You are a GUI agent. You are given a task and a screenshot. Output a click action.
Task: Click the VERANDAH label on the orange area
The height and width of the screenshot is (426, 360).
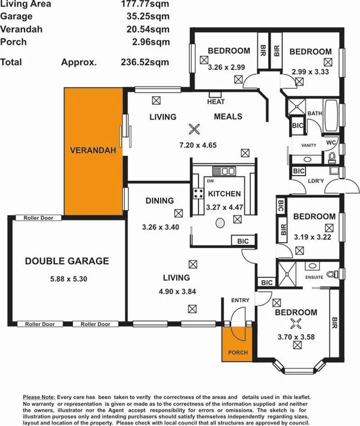click(93, 151)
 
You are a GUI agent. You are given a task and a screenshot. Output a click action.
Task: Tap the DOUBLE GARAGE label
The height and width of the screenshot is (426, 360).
click(67, 261)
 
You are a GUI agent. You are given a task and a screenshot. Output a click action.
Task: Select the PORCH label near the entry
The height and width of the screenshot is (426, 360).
click(237, 352)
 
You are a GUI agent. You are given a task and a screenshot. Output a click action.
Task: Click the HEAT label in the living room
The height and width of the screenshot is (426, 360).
click(216, 102)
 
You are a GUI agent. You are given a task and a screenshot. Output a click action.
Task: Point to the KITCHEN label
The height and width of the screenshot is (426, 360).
click(224, 194)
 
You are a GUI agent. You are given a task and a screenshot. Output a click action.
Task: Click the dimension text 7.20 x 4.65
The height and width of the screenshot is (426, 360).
click(194, 145)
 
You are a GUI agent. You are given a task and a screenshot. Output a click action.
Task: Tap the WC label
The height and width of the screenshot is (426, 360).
click(331, 143)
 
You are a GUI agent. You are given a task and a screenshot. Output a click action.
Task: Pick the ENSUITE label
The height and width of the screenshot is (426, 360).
click(314, 277)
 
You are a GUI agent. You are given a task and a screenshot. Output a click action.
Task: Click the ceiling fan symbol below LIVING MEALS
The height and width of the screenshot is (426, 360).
click(194, 129)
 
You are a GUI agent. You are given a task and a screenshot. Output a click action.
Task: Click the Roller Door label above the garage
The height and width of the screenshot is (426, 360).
click(37, 218)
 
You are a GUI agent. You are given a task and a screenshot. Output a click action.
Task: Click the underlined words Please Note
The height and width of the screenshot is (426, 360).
click(39, 397)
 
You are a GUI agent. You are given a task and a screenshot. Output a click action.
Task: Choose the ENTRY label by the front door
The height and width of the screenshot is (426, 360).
click(239, 300)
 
